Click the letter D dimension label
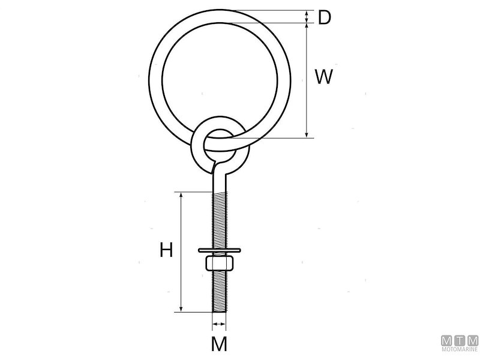[x=325, y=18]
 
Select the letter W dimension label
[x=324, y=77]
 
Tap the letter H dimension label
[x=166, y=250]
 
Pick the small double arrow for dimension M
[x=220, y=326]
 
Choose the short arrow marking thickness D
[x=307, y=17]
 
